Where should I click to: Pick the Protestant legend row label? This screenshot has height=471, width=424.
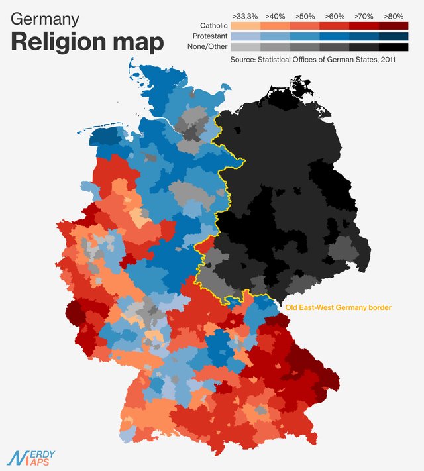[209, 36]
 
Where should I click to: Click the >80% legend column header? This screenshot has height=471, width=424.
[394, 15]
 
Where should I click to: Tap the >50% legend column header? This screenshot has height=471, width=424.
[305, 15]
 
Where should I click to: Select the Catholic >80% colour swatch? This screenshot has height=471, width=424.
[394, 25]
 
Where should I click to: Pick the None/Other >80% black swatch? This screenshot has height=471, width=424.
[394, 47]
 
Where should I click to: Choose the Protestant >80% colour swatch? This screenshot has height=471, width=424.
[394, 36]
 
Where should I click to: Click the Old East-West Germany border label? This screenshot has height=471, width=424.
[338, 307]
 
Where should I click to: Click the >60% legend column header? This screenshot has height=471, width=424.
[335, 15]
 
